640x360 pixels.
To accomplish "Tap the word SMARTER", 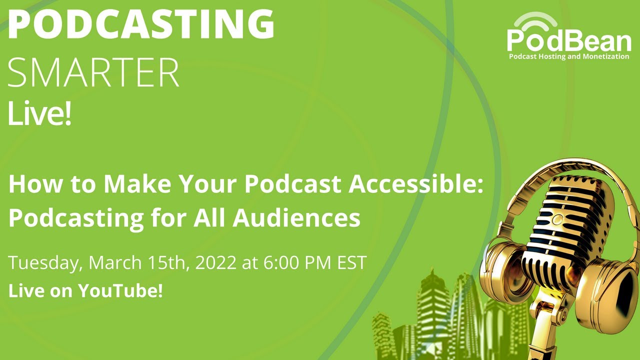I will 93,73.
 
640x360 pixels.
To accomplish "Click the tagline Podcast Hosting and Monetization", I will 569,57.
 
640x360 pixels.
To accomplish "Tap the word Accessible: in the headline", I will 416,185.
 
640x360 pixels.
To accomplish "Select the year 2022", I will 210,262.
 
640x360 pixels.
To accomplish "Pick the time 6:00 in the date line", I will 282,262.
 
